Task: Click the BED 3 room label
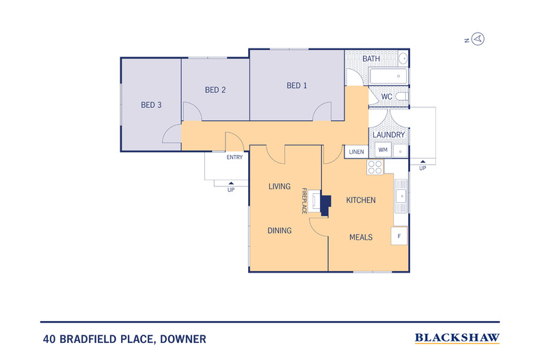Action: tap(151, 105)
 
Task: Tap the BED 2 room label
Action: tap(215, 89)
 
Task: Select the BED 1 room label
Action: tap(297, 85)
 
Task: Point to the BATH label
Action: tap(371, 59)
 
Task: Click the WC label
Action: tap(386, 97)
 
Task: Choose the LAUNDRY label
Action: tap(388, 135)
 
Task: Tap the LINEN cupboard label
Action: tap(356, 152)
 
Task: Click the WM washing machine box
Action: tap(383, 150)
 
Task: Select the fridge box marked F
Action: tap(399, 236)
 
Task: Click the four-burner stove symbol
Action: tap(375, 167)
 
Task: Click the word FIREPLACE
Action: tap(306, 202)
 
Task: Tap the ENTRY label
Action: tap(234, 157)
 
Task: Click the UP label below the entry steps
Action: tap(230, 189)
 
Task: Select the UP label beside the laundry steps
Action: tap(422, 168)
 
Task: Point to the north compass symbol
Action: tap(478, 39)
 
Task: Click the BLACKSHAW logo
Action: tap(457, 337)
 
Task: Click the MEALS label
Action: tap(361, 237)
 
